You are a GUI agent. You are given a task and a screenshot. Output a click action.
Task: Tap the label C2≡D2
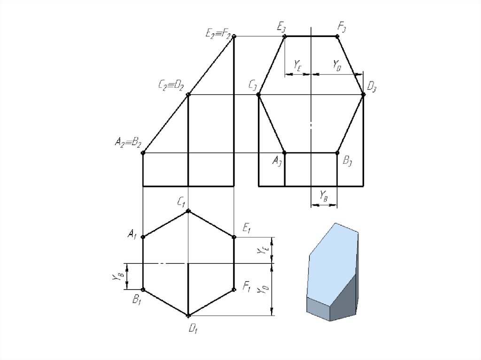point(171,85)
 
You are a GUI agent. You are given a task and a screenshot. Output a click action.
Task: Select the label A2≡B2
point(128,142)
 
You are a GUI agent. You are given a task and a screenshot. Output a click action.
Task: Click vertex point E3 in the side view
point(284,37)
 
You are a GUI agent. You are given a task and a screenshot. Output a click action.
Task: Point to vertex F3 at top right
point(337,37)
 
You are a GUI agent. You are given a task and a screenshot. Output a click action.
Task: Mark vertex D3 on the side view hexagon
point(364,95)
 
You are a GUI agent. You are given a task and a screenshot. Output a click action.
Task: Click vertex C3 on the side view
point(259,95)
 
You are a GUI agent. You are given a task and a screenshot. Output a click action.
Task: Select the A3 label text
point(277,161)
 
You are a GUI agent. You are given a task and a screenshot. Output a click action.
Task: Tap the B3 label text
point(347,161)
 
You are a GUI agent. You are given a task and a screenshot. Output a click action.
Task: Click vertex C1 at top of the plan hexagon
point(188,211)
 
